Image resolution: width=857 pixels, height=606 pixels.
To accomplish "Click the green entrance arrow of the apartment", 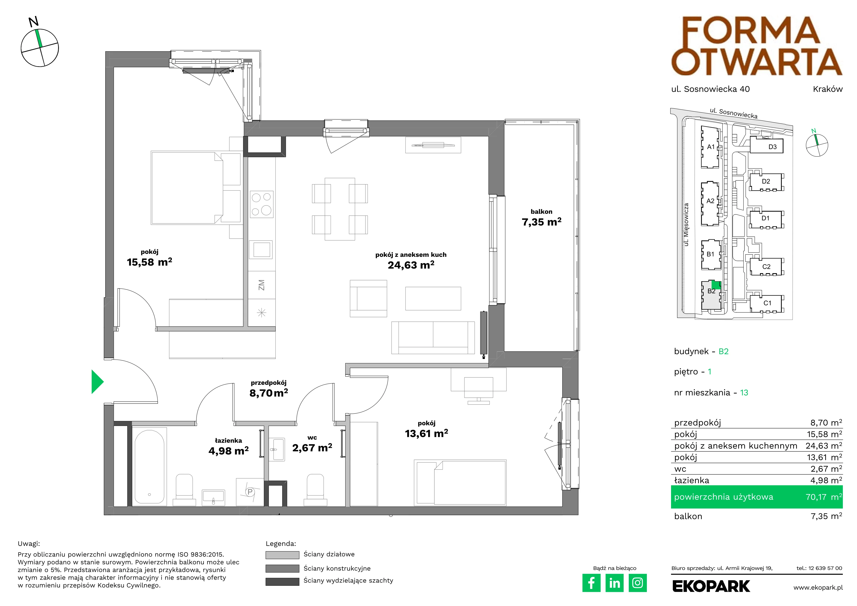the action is point(97,381).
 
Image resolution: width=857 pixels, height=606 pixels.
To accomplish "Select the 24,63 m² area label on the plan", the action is point(411,265).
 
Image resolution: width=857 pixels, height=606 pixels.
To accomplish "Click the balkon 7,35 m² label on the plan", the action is point(542,217).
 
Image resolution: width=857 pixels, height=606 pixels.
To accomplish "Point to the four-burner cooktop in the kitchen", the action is point(262,204).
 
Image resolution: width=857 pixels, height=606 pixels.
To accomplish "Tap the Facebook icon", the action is point(591,583).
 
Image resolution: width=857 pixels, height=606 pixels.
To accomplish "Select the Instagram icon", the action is point(638,583).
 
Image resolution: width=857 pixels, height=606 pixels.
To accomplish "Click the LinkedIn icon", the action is point(614,583).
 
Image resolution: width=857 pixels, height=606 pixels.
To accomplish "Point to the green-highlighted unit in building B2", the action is point(716,284).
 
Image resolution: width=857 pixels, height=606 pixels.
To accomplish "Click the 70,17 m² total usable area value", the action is point(824,497).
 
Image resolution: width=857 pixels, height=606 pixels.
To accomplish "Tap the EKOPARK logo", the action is point(711,586).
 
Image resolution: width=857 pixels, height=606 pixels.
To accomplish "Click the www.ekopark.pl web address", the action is point(818,588).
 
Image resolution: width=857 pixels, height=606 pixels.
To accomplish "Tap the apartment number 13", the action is point(744,393).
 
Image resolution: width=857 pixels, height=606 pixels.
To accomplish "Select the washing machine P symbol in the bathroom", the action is point(250,492).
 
